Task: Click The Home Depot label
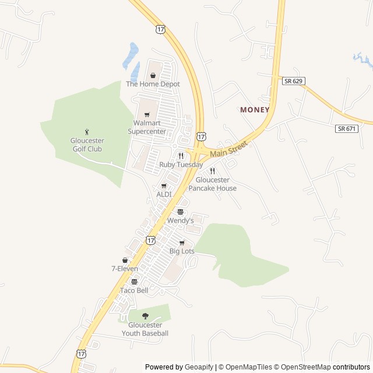(x=153, y=84)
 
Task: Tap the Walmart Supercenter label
(x=147, y=127)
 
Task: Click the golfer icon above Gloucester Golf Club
(x=87, y=131)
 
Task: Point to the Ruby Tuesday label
(x=181, y=165)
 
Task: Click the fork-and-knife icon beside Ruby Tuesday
(x=181, y=156)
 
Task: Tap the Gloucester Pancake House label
(x=216, y=184)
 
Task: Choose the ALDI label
(x=164, y=194)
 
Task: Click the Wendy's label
(x=180, y=221)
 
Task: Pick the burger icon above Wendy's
(x=180, y=212)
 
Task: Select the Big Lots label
(x=182, y=251)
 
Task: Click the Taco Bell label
(x=134, y=290)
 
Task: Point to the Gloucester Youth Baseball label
(x=145, y=329)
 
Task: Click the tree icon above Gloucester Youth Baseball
(x=145, y=316)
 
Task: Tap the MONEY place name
(x=255, y=110)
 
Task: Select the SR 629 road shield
(x=294, y=81)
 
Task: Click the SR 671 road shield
(x=347, y=128)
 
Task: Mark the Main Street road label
(x=229, y=148)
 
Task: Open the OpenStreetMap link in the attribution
(x=302, y=367)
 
